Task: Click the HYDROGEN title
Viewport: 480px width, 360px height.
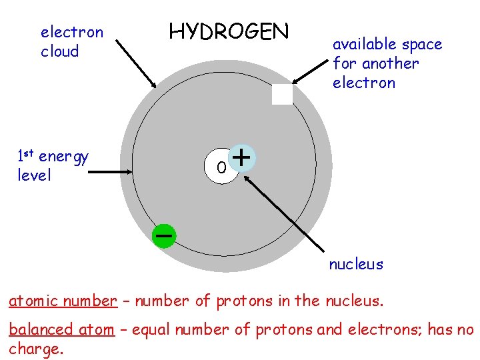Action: click(x=229, y=32)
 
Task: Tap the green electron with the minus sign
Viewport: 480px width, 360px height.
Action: click(x=163, y=235)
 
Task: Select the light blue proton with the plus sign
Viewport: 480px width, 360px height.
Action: click(x=243, y=158)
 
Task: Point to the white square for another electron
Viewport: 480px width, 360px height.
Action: click(x=282, y=95)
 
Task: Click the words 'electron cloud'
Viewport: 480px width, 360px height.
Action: click(x=71, y=41)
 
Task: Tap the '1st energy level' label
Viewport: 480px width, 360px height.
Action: click(x=53, y=166)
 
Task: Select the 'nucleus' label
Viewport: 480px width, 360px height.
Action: click(x=356, y=264)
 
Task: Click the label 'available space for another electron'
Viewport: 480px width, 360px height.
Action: click(x=387, y=63)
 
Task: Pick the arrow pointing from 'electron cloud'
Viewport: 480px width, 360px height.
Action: click(x=136, y=64)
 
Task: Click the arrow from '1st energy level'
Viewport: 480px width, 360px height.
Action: click(x=111, y=171)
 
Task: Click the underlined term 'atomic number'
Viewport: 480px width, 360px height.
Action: click(x=62, y=301)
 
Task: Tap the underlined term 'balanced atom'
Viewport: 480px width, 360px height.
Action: click(x=61, y=329)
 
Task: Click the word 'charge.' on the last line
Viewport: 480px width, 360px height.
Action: click(x=36, y=349)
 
